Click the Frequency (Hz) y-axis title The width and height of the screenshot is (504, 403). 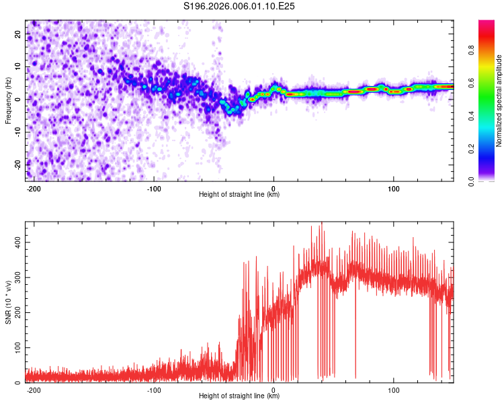8,101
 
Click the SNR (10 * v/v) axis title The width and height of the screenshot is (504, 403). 8,302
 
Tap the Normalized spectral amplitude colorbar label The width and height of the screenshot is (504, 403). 499,101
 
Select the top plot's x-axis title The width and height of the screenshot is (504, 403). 239,194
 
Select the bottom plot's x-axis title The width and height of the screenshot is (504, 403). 239,396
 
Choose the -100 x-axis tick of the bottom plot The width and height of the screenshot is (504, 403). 153,388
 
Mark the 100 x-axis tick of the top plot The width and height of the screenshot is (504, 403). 393,187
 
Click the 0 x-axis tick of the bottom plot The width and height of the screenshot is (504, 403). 274,388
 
